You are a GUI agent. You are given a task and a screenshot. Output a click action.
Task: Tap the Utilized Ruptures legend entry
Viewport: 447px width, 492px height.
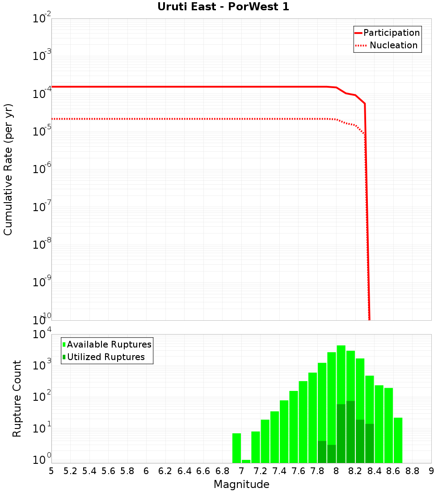[x=105, y=357]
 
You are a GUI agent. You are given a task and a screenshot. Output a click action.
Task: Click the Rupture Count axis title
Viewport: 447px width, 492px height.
[x=17, y=399]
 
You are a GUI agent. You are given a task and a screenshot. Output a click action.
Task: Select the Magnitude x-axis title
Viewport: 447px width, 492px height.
[x=241, y=484]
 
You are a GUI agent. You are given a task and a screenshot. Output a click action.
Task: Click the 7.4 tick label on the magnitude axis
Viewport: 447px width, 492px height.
[x=279, y=471]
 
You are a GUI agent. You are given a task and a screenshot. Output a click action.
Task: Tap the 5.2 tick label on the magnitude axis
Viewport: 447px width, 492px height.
[x=70, y=471]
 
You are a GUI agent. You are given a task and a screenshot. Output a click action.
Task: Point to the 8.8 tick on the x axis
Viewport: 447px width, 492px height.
[x=412, y=471]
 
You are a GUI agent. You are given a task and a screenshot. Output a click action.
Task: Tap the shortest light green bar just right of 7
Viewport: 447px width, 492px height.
[x=246, y=461]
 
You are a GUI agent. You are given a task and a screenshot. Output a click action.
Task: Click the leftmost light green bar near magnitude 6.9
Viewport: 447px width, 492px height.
[x=236, y=447]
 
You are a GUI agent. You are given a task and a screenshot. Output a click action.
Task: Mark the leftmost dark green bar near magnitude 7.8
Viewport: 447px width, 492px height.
[x=322, y=452]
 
